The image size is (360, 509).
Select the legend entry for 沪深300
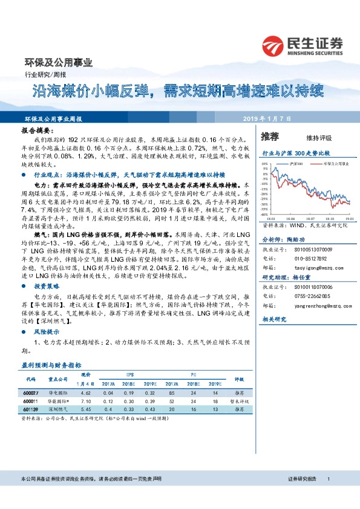294,163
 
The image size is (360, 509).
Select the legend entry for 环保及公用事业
330,163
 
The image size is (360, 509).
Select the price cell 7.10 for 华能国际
85,401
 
